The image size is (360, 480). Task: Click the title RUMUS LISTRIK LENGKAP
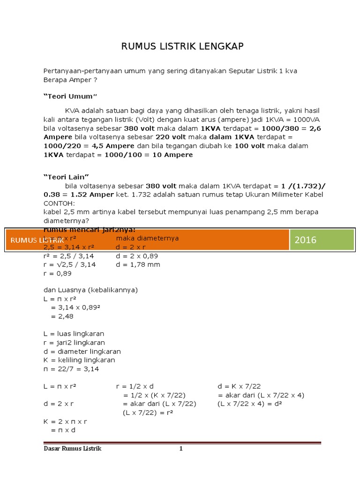click(x=182, y=46)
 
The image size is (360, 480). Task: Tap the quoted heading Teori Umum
click(x=70, y=97)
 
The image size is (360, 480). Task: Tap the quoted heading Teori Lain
click(x=66, y=177)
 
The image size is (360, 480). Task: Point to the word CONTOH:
click(x=59, y=203)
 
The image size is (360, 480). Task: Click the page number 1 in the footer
click(x=180, y=449)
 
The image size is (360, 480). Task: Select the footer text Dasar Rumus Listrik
click(x=72, y=449)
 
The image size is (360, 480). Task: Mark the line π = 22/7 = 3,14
click(x=71, y=369)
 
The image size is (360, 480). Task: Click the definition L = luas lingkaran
click(x=74, y=334)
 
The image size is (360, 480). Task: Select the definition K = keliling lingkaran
click(x=79, y=360)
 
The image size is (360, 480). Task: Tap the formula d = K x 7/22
click(x=239, y=386)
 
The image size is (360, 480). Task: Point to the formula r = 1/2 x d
click(x=135, y=386)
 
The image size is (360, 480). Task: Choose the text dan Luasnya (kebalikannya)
click(x=90, y=290)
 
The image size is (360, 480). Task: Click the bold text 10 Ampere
click(x=172, y=155)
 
